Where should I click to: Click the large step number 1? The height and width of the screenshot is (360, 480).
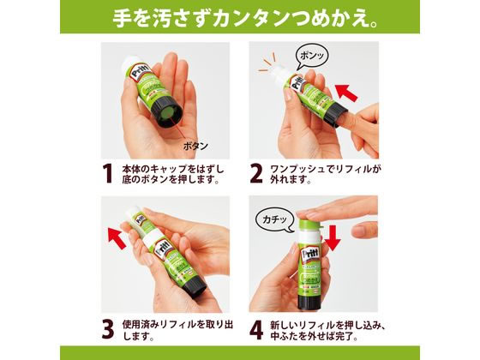coord(108,174)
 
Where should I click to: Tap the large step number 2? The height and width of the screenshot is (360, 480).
coord(256,174)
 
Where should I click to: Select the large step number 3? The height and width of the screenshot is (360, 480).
coord(108,329)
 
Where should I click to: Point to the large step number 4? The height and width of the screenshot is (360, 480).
coord(256,329)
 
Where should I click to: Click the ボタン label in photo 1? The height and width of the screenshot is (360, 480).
coord(195,146)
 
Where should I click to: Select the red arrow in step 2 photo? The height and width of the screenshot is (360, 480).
coord(346,93)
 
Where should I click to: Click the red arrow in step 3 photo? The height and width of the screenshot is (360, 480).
coord(117,237)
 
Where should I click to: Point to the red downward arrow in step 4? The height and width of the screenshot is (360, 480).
coord(333,238)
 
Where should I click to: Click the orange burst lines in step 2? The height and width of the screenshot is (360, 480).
coord(267,62)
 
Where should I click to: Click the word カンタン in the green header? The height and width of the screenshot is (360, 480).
coord(249,19)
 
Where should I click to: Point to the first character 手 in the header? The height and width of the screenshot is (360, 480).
coord(122,19)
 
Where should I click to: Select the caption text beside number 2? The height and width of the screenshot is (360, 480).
coord(326,174)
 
